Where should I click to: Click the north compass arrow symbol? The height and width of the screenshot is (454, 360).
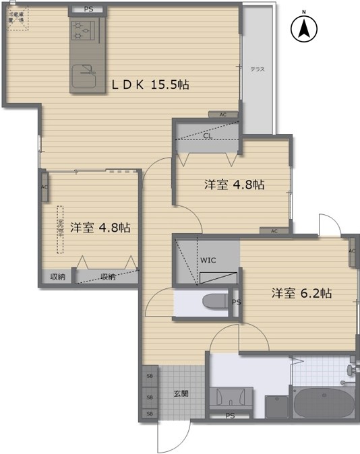click(x=304, y=29)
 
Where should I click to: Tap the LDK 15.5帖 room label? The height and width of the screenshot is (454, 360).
click(x=150, y=85)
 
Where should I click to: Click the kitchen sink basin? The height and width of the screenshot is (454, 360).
click(x=85, y=69)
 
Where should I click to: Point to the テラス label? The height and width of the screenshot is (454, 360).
click(x=257, y=69)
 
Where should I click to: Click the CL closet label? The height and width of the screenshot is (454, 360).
click(x=207, y=135)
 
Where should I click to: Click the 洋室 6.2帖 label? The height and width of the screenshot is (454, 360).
click(x=301, y=294)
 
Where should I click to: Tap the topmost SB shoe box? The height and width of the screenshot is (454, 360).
click(x=149, y=375)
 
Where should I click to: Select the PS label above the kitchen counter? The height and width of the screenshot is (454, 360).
click(x=89, y=9)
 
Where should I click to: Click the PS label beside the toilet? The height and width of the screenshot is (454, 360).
click(x=236, y=302)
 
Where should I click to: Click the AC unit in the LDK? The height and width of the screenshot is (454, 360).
click(x=222, y=115)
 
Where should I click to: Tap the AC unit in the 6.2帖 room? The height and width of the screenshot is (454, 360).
click(x=352, y=251)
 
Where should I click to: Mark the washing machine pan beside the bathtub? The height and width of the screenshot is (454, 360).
click(x=276, y=406)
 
